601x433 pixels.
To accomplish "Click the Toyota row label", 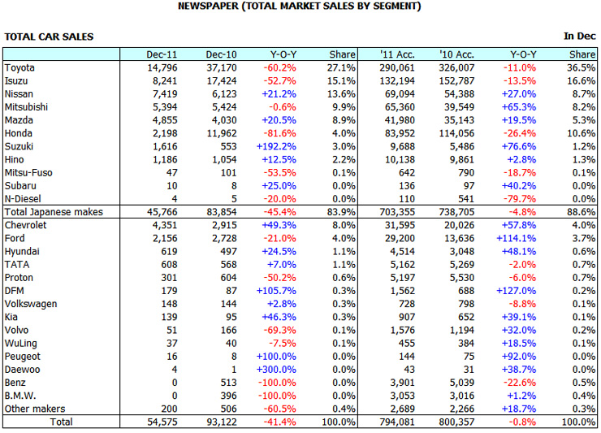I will click(19, 67).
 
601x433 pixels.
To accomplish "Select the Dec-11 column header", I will click(162, 54).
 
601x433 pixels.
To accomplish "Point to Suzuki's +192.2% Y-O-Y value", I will click(277, 145).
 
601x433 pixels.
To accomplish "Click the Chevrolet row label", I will click(26, 224).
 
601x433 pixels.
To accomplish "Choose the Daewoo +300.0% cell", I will click(278, 369).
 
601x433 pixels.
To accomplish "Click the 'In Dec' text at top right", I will click(580, 37).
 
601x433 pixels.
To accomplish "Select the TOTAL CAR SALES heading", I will click(49, 37).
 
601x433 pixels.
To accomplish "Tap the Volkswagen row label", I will click(30, 303).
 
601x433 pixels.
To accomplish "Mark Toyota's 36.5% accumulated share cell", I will click(581, 67).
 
